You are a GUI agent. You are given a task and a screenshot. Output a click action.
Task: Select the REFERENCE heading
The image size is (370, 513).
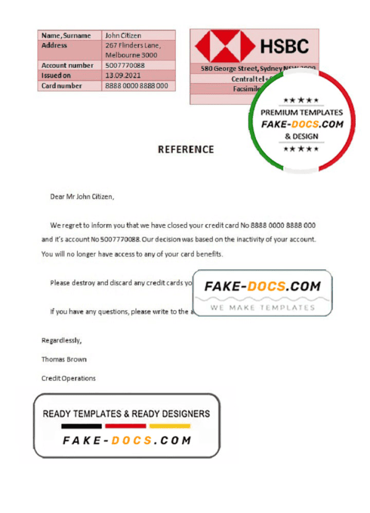(186, 149)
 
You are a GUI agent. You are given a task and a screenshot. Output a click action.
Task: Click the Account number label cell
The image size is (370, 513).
(67, 65)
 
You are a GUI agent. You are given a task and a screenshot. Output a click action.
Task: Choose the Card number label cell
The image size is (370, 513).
(62, 86)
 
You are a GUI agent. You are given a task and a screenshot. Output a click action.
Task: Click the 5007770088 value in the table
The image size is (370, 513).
(125, 65)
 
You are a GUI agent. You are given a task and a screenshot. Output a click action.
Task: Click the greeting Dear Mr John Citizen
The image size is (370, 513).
(82, 197)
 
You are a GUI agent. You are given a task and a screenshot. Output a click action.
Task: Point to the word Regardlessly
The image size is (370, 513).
(61, 340)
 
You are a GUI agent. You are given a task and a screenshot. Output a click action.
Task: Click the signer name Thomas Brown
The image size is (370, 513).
(64, 359)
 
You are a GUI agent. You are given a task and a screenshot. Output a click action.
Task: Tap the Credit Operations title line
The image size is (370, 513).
(68, 378)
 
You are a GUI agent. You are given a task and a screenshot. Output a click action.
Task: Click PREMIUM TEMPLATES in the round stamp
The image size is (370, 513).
(302, 113)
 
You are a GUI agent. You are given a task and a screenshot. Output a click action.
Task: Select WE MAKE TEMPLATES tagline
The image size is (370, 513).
(262, 307)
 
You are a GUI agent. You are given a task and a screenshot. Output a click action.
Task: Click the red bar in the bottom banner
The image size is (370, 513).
(125, 426)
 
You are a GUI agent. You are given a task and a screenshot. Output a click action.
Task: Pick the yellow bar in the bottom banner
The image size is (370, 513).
(170, 426)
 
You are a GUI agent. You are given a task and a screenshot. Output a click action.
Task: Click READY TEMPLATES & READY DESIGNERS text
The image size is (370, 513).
(126, 414)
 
